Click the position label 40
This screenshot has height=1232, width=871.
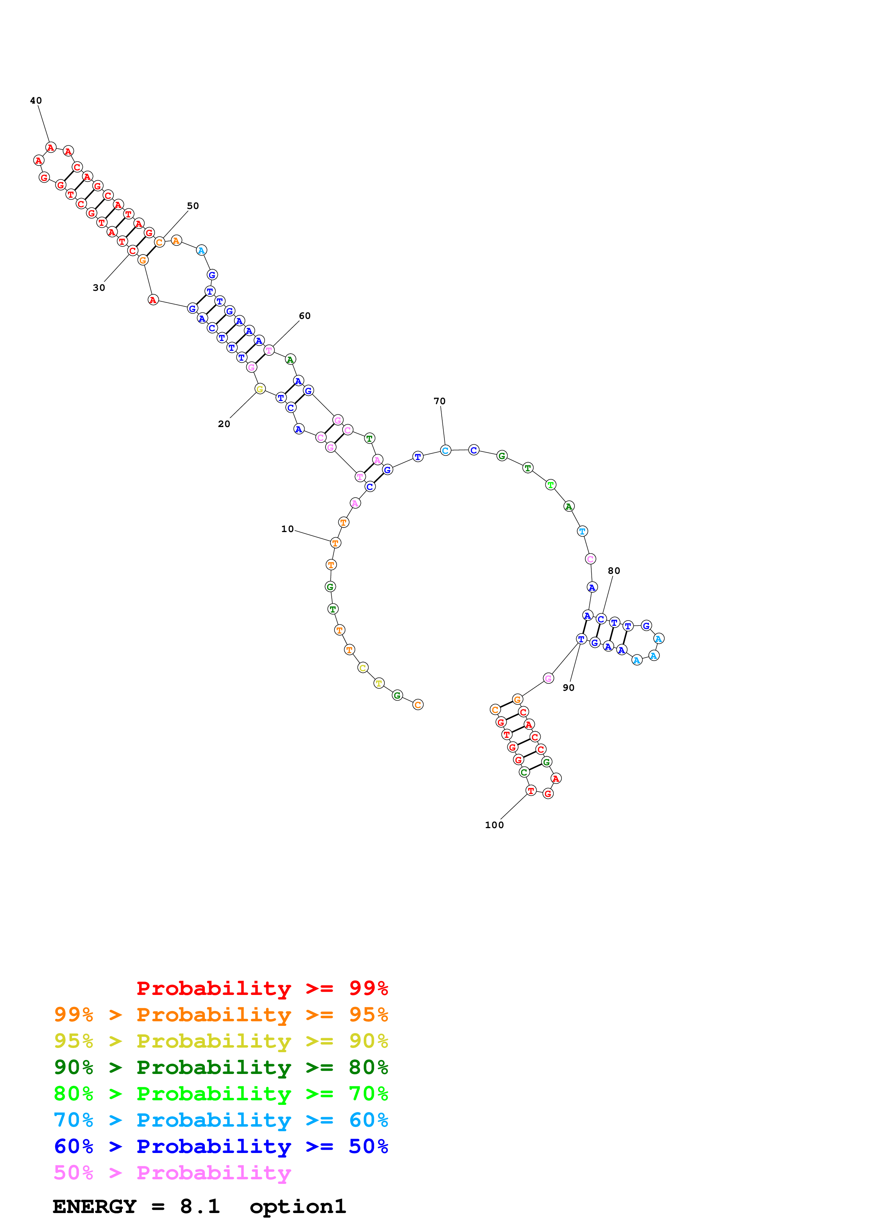pyautogui.click(x=36, y=101)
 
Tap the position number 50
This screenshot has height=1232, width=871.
pyautogui.click(x=193, y=206)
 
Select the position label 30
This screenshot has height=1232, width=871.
pyautogui.click(x=99, y=288)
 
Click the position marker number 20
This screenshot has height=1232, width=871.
pyautogui.click(x=224, y=424)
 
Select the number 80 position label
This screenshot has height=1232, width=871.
pyautogui.click(x=613, y=571)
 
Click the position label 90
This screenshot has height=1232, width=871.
pyautogui.click(x=568, y=688)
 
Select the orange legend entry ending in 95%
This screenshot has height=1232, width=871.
pyautogui.click(x=221, y=1015)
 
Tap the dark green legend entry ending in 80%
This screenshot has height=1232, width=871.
pyautogui.click(x=221, y=1068)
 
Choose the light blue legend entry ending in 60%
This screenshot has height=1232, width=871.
pyautogui.click(x=221, y=1120)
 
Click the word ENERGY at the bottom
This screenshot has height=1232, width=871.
pyautogui.click(x=95, y=1207)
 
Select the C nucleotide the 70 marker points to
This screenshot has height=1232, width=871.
pyautogui.click(x=446, y=451)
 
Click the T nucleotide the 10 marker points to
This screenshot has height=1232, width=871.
pyautogui.click(x=336, y=543)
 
